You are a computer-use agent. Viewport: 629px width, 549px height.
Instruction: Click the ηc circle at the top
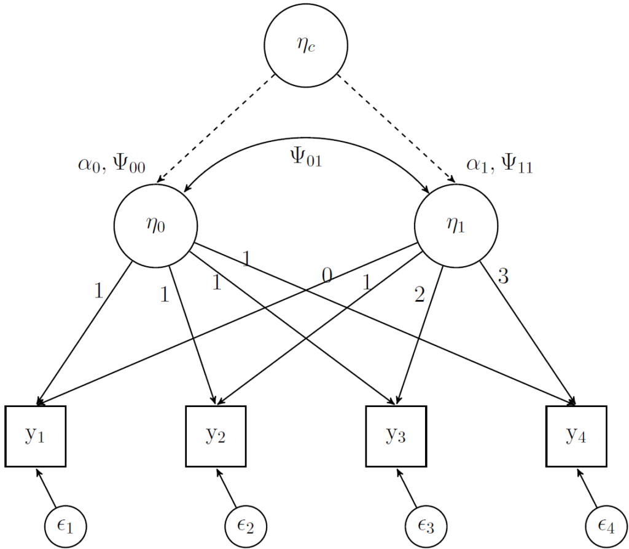point(305,46)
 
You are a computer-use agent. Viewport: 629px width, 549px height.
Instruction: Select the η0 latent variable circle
point(155,225)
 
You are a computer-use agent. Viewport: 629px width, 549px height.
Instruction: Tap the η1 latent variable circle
point(456,225)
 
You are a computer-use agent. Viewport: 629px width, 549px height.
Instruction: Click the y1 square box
point(36,436)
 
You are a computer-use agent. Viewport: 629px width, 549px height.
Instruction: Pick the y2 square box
point(216,436)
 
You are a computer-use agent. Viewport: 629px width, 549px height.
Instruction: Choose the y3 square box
point(396,436)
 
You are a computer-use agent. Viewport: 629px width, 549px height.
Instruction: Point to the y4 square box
point(577,436)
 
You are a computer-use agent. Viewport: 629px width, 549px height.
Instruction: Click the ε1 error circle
point(65,527)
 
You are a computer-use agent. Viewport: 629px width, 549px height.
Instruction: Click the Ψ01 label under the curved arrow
point(305,159)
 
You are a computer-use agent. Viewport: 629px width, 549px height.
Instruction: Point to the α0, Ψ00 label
point(111,166)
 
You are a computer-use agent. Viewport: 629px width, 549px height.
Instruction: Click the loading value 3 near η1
point(504,277)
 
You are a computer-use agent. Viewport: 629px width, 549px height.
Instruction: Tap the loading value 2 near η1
point(420,296)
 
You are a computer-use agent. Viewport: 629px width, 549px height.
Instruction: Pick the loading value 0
point(327,277)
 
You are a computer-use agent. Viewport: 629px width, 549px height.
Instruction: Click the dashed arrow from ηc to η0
point(215,129)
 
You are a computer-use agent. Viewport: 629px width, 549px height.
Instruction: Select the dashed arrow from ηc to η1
point(396,129)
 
